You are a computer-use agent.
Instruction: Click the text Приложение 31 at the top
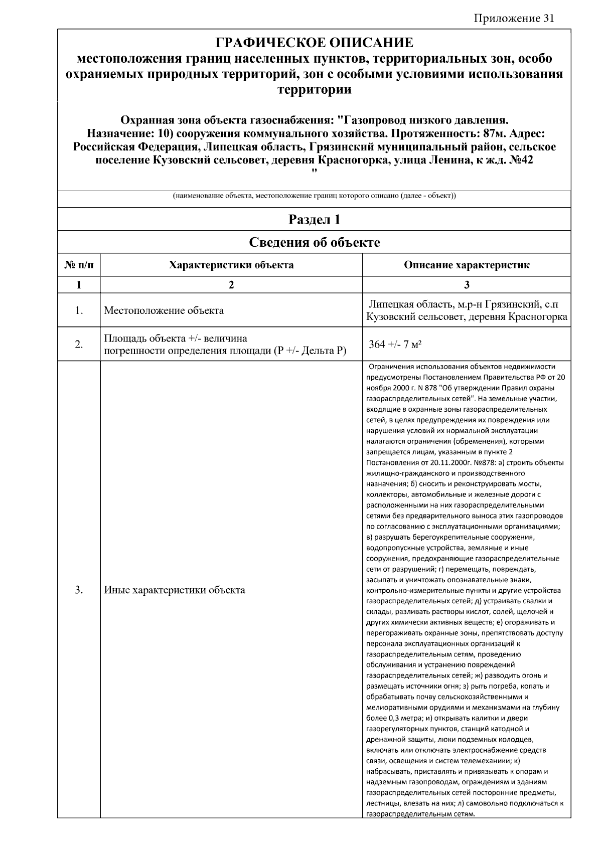(514, 19)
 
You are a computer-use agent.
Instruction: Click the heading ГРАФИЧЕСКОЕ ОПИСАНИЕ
(314, 43)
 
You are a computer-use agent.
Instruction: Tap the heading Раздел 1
(314, 220)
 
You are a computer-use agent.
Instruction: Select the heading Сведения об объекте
(314, 243)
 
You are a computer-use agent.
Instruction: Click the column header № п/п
(79, 265)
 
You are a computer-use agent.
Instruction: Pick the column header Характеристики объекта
(231, 265)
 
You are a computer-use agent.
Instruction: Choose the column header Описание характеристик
(467, 265)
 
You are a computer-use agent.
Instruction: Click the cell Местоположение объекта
(164, 310)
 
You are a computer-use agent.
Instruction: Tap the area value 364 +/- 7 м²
(395, 344)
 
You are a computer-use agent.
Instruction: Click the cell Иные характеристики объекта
(175, 590)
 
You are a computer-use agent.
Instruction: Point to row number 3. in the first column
(79, 590)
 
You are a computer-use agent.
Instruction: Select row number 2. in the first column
(79, 344)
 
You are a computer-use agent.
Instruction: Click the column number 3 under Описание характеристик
(467, 285)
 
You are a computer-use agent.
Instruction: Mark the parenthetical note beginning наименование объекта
(314, 196)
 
